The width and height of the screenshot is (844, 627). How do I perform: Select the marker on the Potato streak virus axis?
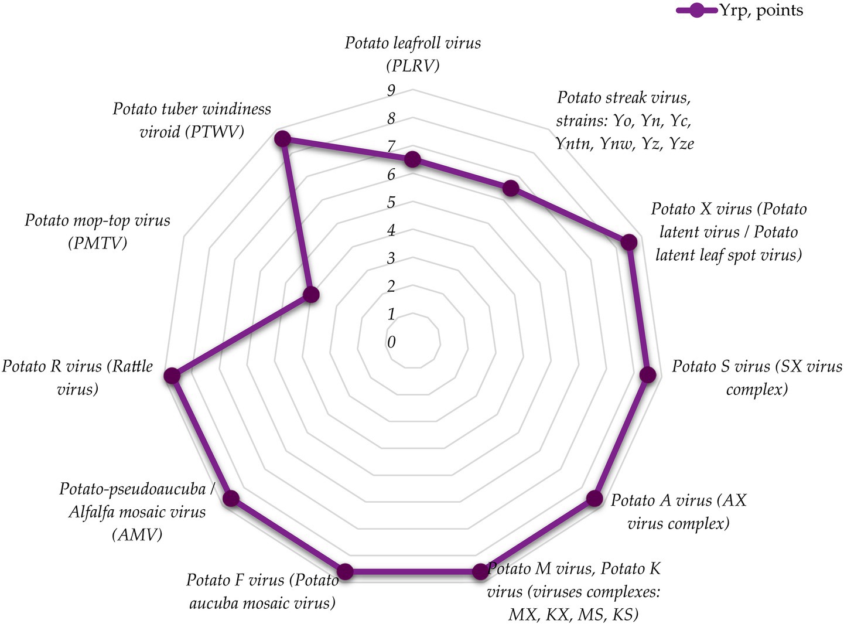point(511,188)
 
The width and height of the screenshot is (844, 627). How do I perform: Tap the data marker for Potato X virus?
point(629,243)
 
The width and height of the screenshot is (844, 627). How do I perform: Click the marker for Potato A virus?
point(594,499)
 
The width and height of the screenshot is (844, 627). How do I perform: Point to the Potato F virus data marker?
point(346,572)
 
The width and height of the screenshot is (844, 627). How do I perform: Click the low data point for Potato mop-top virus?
point(312,295)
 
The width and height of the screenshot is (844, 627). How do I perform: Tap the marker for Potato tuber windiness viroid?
point(283,139)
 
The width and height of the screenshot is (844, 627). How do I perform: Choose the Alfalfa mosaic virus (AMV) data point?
point(232,499)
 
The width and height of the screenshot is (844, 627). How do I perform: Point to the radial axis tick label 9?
point(391,90)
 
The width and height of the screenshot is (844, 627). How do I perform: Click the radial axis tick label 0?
point(391,342)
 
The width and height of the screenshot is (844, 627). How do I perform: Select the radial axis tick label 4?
point(391,230)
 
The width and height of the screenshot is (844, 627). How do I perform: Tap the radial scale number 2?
point(391,286)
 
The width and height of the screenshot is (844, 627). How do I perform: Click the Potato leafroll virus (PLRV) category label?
point(413,54)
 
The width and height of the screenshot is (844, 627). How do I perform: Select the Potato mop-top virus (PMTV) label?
point(98,231)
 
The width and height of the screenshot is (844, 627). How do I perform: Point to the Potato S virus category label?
point(756,377)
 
